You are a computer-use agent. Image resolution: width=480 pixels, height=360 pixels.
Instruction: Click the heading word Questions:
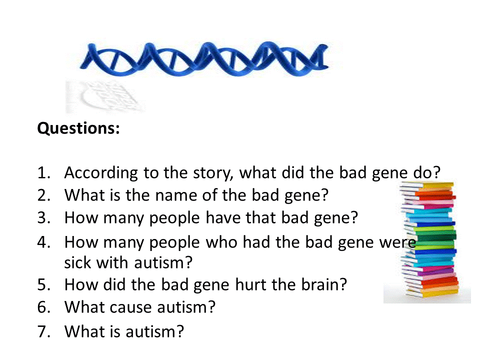pos(78,128)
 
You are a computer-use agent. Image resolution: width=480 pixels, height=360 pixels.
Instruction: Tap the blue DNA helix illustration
pos(204,59)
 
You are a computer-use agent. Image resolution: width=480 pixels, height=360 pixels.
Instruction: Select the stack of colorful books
pos(428,239)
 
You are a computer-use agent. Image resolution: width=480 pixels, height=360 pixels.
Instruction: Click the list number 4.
pos(44,242)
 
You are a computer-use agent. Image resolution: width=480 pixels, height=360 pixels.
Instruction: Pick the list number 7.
pos(44,331)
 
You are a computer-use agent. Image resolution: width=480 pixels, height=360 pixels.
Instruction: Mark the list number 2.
pos(44,195)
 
